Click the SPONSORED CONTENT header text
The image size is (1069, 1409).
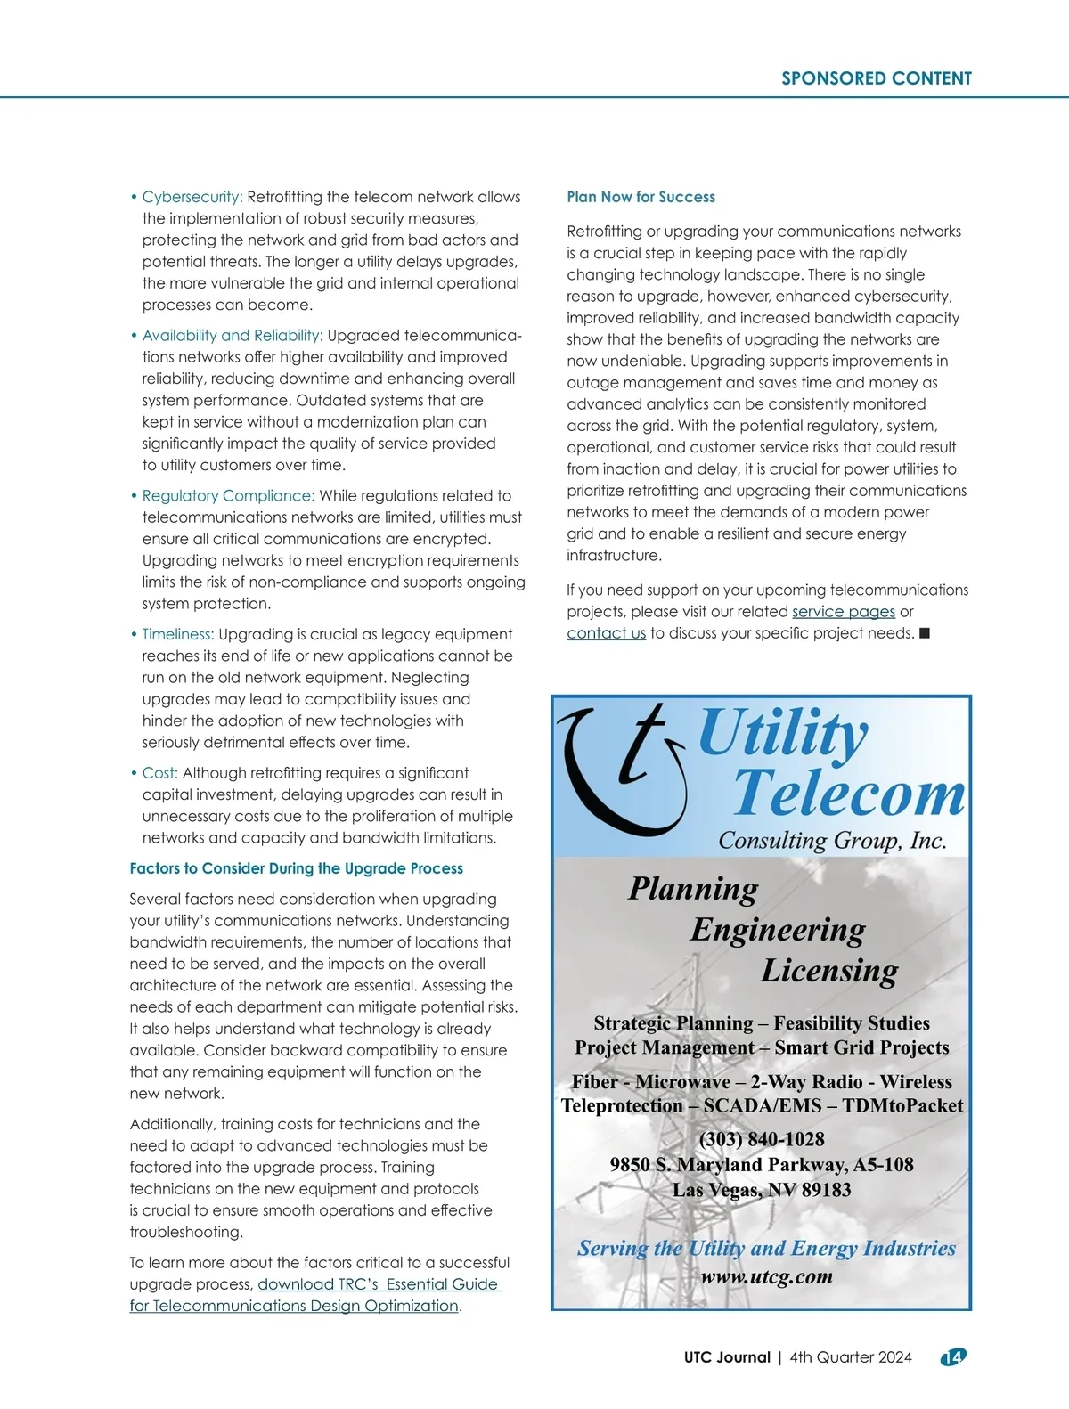click(x=876, y=78)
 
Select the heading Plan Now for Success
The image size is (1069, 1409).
click(x=641, y=197)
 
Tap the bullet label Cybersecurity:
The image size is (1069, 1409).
click(x=192, y=197)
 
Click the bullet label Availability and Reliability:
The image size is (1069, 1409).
click(x=232, y=336)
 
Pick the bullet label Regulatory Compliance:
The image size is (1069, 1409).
click(x=227, y=496)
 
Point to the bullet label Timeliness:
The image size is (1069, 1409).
click(x=177, y=634)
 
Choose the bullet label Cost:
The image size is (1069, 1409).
click(x=159, y=773)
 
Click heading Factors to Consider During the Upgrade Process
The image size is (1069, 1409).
click(x=296, y=868)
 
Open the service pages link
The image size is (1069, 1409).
click(x=843, y=612)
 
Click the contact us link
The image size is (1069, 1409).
click(x=606, y=633)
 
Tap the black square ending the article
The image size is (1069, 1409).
click(x=925, y=633)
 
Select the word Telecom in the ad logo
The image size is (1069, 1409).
click(x=848, y=793)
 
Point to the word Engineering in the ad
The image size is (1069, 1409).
click(x=777, y=930)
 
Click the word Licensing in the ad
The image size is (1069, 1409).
click(x=828, y=971)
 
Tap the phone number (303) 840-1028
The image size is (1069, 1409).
click(x=762, y=1139)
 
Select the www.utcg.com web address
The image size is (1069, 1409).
click(x=766, y=1276)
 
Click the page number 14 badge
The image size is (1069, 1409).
click(x=953, y=1357)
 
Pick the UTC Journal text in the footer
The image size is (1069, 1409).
click(x=727, y=1357)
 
